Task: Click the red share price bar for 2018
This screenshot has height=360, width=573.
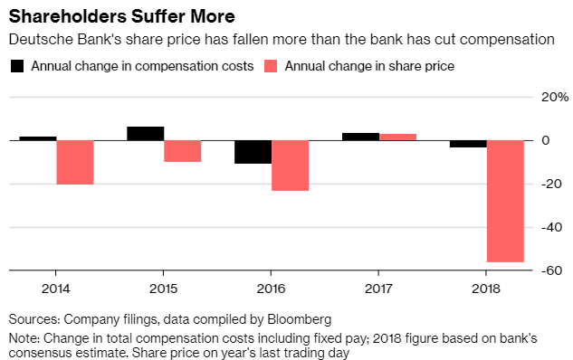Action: point(505,201)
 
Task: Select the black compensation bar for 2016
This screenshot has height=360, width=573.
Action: point(253,152)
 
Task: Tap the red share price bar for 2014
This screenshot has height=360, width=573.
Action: point(75,163)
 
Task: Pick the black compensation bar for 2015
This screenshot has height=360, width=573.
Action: point(146,134)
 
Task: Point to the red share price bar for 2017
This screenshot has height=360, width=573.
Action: point(397,137)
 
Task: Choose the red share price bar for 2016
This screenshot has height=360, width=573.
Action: point(291,166)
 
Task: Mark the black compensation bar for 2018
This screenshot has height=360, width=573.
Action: point(468,144)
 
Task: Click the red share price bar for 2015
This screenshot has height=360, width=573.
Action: point(182,151)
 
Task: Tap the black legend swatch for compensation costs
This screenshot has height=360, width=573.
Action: point(17,66)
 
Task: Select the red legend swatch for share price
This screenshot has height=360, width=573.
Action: point(271,66)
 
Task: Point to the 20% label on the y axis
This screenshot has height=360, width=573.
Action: point(555,97)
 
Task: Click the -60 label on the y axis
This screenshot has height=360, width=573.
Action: point(552,270)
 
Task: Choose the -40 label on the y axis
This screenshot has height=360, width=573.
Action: point(552,227)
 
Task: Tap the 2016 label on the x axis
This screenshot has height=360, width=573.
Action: point(271,289)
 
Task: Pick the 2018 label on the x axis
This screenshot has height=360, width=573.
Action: point(486,289)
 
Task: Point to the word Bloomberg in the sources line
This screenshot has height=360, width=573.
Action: point(300,319)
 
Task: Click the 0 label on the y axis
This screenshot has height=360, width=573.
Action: point(546,140)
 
